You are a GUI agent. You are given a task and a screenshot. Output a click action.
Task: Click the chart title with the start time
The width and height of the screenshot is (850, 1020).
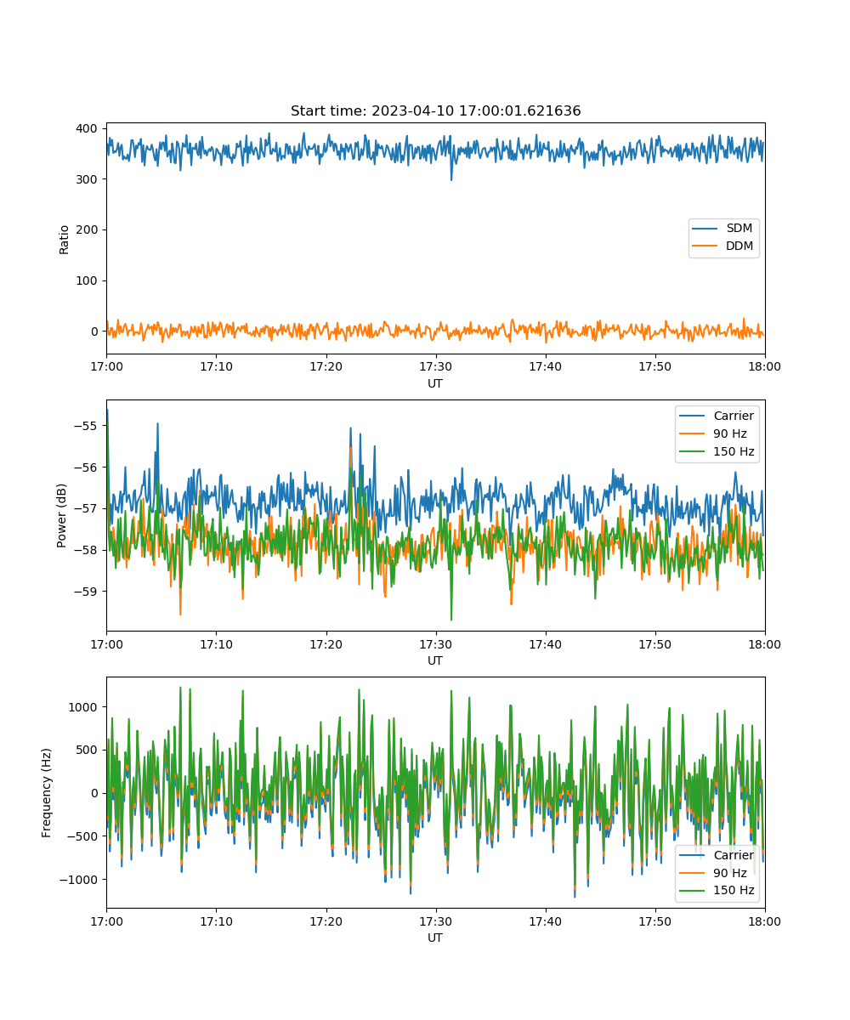(435, 110)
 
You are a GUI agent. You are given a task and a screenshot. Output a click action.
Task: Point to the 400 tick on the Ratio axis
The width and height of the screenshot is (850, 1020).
(87, 128)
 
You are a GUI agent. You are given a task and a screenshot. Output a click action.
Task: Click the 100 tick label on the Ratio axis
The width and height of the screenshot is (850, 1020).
(87, 280)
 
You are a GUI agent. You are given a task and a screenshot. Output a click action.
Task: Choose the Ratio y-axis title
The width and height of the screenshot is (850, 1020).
(64, 240)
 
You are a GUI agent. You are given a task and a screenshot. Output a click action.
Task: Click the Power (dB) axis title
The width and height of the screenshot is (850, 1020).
(61, 515)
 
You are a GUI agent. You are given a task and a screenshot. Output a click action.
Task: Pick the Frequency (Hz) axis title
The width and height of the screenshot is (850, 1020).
(46, 793)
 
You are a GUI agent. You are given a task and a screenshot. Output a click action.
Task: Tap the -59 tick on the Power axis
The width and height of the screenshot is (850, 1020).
(86, 592)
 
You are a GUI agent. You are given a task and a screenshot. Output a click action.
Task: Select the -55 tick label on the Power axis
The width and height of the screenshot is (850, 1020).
(86, 426)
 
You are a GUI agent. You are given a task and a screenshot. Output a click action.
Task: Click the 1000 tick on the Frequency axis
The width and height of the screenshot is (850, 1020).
(82, 707)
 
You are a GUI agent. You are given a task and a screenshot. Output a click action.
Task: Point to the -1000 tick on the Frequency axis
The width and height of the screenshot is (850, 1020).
(79, 879)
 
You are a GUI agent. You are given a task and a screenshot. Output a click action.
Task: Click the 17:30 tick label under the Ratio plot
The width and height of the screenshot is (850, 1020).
(435, 367)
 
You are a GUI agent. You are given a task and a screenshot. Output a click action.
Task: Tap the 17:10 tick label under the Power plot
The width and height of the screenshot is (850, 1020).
(216, 644)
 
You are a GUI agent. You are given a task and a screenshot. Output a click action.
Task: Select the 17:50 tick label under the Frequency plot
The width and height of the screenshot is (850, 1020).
(654, 921)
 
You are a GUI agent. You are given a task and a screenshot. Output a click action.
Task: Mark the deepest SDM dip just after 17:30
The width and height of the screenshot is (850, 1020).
(450, 179)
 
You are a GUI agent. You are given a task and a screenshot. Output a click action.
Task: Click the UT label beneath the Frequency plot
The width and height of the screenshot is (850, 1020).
(434, 938)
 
